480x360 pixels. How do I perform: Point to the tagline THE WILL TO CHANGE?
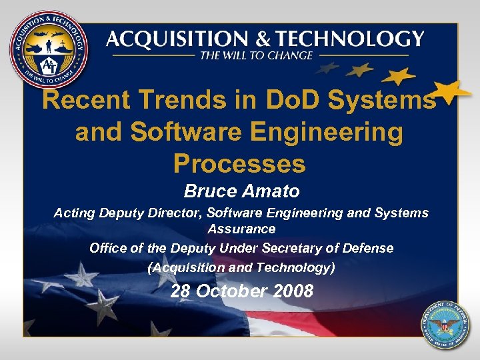(x=256, y=55)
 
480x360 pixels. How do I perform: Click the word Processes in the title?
(x=239, y=163)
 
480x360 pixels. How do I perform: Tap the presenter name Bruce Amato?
(x=241, y=192)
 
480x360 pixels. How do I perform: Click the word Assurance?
(x=241, y=229)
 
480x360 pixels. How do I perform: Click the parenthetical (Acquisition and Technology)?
(x=241, y=268)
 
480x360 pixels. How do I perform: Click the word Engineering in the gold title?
(x=322, y=132)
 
